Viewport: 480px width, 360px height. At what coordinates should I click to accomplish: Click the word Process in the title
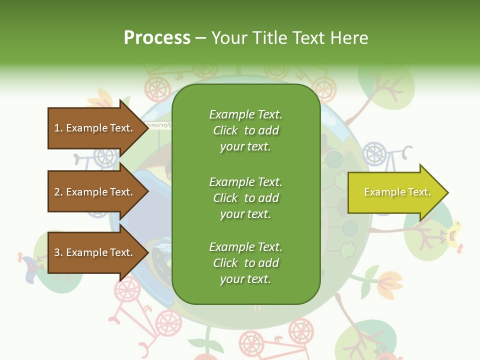click(x=157, y=38)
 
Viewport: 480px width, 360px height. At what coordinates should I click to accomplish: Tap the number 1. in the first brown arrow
click(x=58, y=128)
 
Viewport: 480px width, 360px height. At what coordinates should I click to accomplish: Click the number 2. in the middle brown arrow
click(x=58, y=192)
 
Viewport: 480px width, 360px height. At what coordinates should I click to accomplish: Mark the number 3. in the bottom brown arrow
click(x=58, y=252)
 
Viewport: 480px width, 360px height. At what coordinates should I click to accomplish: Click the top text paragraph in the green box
click(x=245, y=130)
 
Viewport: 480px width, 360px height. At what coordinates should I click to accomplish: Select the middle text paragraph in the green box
click(x=245, y=198)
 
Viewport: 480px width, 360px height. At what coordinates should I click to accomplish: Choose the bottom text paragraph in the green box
click(x=245, y=263)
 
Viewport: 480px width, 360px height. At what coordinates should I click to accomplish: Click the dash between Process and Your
click(x=200, y=38)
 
